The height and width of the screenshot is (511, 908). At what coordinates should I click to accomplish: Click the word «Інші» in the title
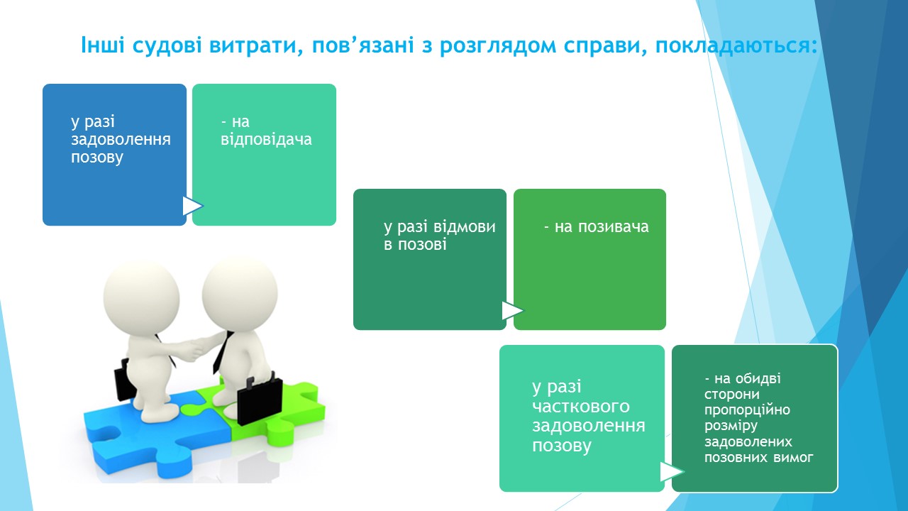(x=103, y=45)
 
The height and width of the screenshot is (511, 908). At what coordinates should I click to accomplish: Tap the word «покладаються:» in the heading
(x=736, y=45)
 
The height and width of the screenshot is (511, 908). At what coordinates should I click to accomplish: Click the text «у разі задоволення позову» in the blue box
(x=121, y=139)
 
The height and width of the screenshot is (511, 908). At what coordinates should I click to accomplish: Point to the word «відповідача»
(x=266, y=140)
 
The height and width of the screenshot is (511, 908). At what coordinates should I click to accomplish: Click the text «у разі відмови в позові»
(x=440, y=236)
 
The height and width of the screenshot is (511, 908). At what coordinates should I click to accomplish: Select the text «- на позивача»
(x=597, y=226)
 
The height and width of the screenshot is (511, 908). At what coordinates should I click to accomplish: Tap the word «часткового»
(x=581, y=406)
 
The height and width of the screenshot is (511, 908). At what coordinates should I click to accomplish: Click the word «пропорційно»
(x=747, y=410)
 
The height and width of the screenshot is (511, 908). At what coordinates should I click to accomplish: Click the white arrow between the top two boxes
(x=192, y=206)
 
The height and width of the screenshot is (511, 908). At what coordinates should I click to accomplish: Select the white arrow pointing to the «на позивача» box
(x=512, y=311)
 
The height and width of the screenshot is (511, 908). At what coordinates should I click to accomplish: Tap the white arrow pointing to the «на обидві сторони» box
(x=672, y=472)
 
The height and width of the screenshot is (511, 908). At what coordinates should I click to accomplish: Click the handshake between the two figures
(x=195, y=348)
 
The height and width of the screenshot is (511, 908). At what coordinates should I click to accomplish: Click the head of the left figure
(x=141, y=299)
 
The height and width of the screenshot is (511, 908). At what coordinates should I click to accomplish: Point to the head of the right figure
(x=240, y=295)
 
